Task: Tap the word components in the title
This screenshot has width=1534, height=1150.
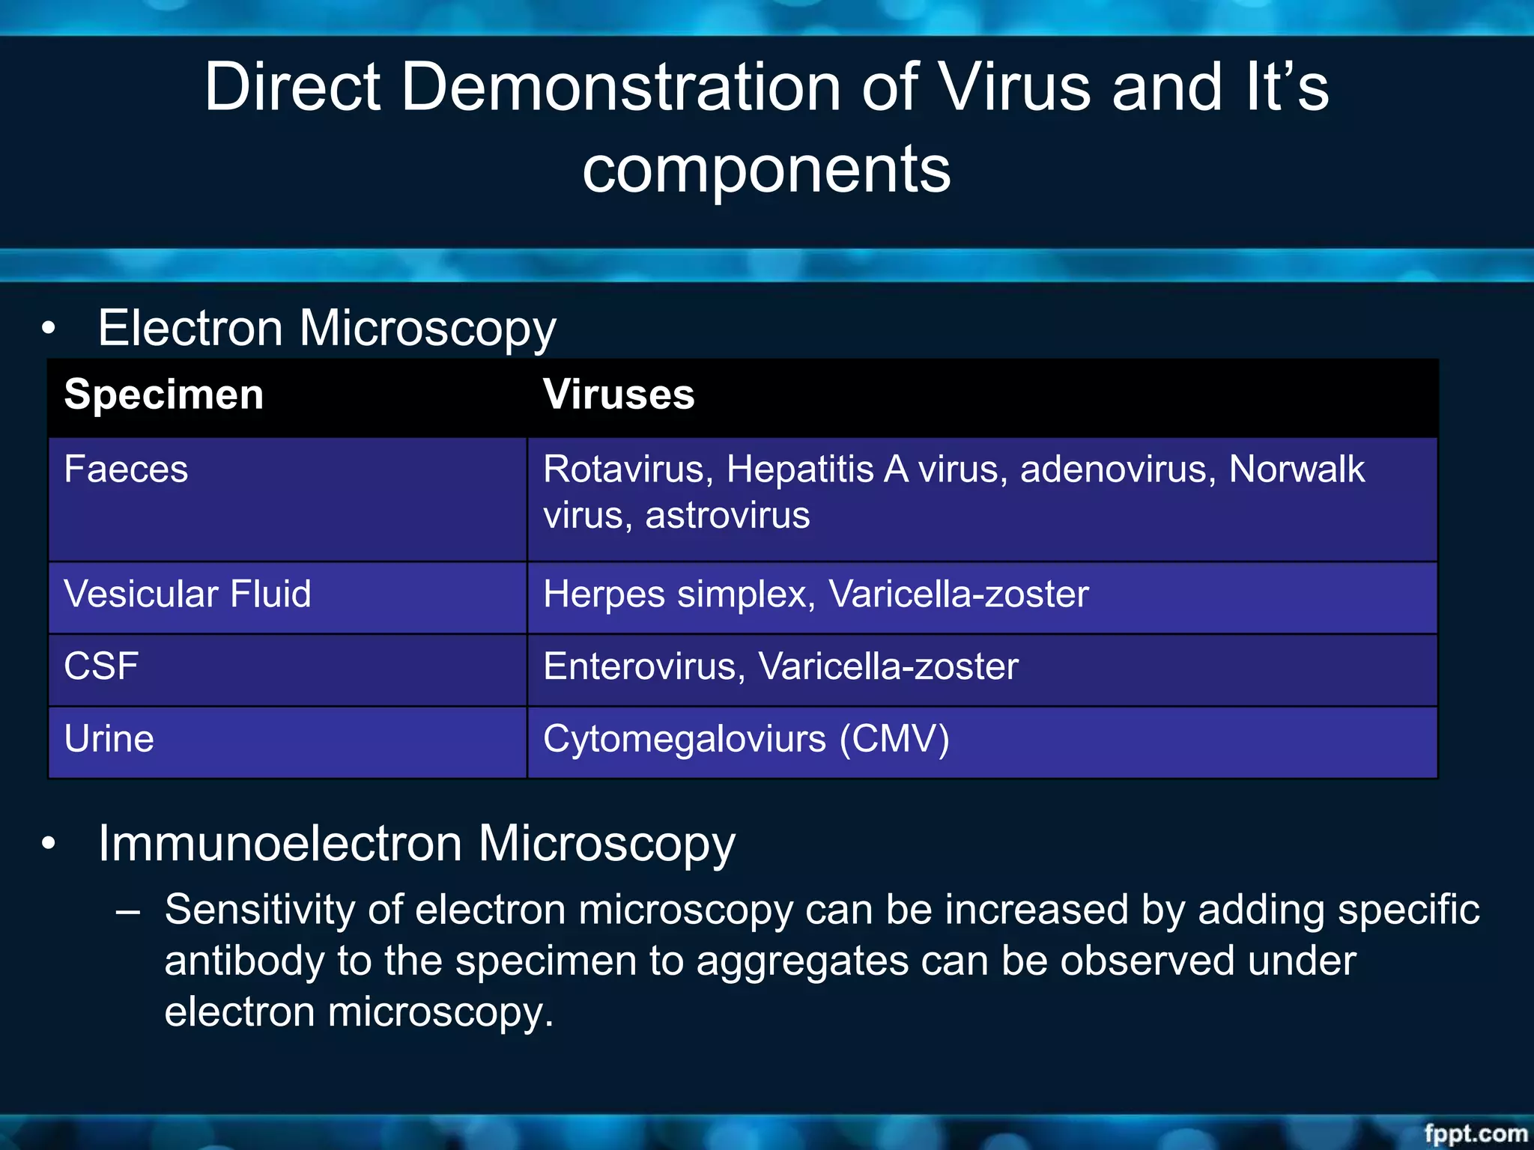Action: click(x=766, y=169)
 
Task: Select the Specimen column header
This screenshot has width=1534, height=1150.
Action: click(x=164, y=395)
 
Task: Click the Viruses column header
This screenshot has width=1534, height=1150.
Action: click(x=619, y=395)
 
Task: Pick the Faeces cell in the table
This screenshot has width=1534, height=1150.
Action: click(x=126, y=470)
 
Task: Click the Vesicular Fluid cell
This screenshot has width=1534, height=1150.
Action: click(x=187, y=594)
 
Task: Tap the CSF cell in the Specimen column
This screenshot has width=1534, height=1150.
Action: click(x=101, y=666)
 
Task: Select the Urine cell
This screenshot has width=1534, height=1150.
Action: click(x=109, y=739)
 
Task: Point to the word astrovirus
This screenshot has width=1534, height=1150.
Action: click(x=727, y=516)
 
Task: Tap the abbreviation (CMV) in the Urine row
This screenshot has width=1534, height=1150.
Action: click(x=894, y=739)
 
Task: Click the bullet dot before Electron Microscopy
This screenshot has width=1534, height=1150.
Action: click(x=49, y=328)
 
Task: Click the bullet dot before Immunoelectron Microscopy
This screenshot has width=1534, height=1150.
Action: click(x=49, y=844)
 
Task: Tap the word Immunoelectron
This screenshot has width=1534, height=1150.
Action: click(x=280, y=844)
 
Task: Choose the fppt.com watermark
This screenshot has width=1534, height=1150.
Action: click(x=1475, y=1133)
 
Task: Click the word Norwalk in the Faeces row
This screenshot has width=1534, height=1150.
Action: click(x=1297, y=470)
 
